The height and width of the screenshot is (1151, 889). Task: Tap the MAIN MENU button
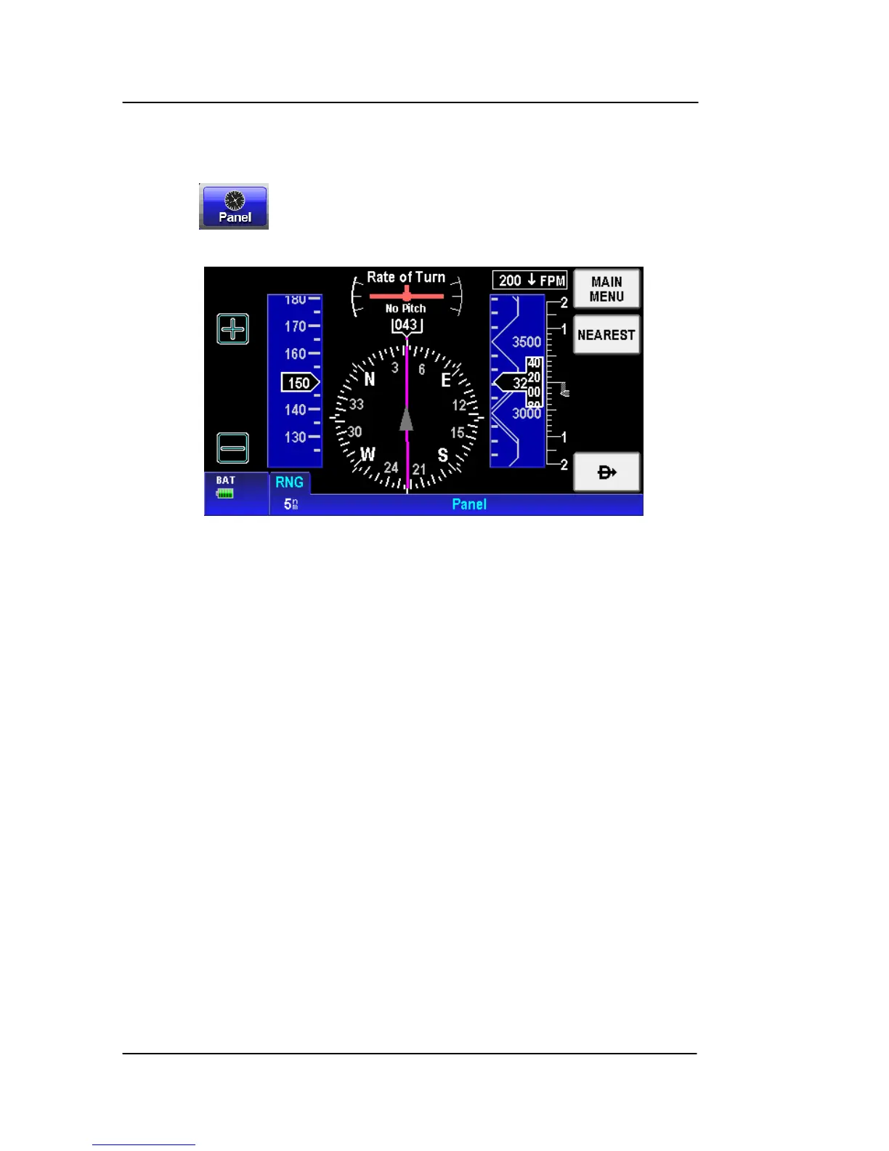606,289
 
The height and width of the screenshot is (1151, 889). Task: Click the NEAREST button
606,335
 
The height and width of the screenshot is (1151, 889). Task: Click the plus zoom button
233,329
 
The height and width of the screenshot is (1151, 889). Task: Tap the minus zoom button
233,448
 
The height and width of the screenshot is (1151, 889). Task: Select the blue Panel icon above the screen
234,207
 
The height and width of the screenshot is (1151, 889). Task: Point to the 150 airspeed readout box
299,383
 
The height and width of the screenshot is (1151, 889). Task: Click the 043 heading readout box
406,325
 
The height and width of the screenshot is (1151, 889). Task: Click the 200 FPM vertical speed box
530,280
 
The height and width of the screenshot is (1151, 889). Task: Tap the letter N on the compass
369,379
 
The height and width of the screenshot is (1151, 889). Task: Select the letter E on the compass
445,381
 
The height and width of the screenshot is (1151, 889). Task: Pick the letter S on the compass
442,456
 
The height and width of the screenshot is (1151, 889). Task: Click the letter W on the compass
368,455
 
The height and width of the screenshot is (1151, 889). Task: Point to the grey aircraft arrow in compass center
406,420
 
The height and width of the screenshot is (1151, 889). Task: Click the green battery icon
225,493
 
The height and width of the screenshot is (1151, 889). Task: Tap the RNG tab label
289,482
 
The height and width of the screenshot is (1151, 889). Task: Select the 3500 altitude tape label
527,342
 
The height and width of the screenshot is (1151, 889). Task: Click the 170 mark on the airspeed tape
295,326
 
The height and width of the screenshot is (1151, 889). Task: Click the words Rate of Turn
406,278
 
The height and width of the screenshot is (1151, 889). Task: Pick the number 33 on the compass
356,404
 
